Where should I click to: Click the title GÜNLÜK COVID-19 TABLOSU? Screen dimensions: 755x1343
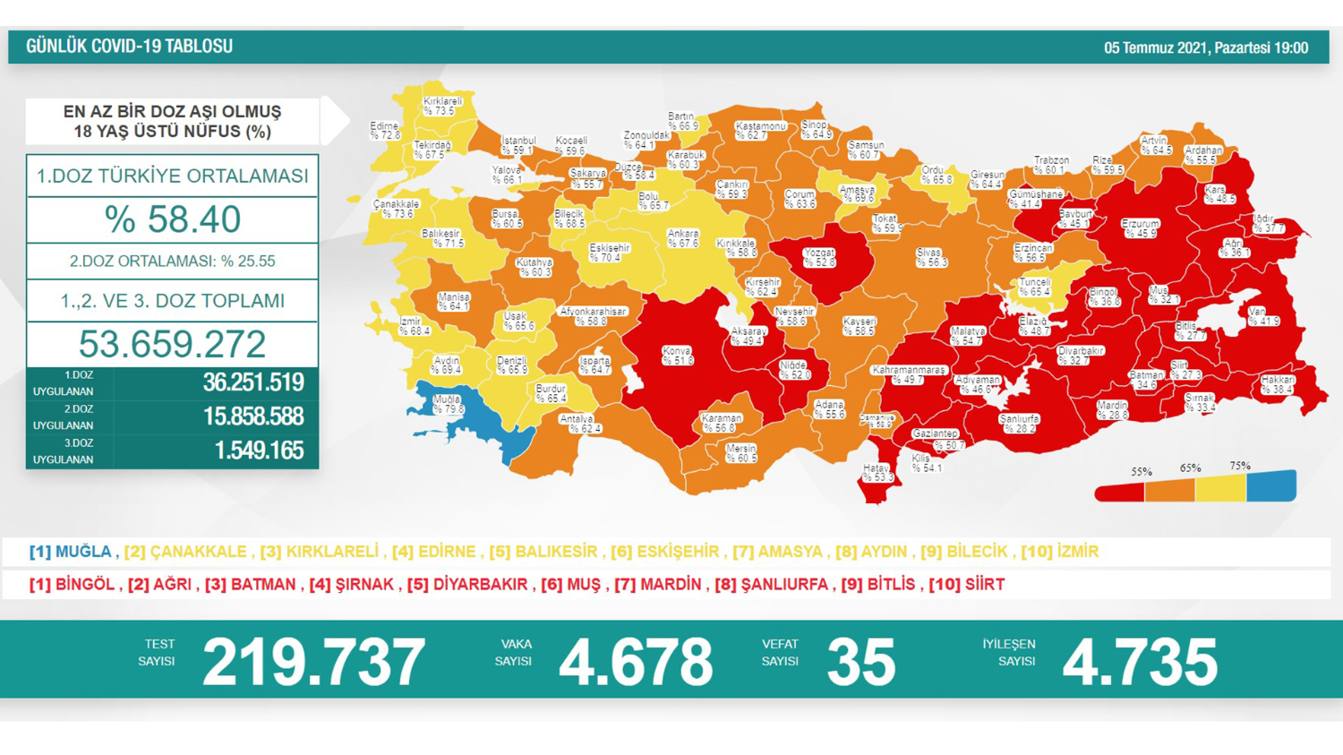(x=129, y=47)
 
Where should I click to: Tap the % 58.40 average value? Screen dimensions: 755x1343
(x=172, y=219)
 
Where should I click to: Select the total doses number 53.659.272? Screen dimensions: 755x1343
(x=172, y=344)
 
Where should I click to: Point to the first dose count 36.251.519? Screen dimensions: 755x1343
(x=253, y=382)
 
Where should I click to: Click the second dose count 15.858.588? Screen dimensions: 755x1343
(x=253, y=416)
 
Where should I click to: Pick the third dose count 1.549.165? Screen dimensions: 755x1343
(x=259, y=450)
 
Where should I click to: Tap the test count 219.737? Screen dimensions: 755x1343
(x=313, y=662)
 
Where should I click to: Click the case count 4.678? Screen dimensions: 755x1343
(x=636, y=662)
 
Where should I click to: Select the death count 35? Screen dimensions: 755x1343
(x=860, y=662)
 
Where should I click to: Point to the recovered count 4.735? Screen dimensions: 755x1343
(x=1140, y=662)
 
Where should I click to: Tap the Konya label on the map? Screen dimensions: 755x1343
(x=677, y=356)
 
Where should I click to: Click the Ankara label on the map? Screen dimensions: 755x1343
(x=683, y=238)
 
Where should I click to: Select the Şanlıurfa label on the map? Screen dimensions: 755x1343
(x=1019, y=423)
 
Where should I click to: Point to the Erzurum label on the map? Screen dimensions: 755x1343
(x=1140, y=228)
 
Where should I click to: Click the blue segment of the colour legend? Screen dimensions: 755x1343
(x=1271, y=486)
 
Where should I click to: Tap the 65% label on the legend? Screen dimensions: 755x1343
(x=1190, y=468)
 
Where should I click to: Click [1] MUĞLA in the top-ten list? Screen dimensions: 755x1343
(x=71, y=552)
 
